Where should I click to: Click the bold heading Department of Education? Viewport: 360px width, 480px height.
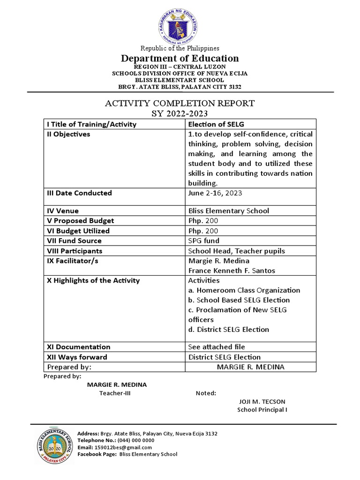click(x=180, y=59)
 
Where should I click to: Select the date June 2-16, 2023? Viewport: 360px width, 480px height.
click(x=215, y=193)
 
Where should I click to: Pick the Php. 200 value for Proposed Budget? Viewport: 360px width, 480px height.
click(x=203, y=220)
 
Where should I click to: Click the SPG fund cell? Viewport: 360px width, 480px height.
click(x=204, y=240)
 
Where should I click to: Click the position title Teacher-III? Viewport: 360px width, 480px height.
click(x=114, y=393)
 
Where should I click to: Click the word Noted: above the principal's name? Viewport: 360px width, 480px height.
click(x=206, y=393)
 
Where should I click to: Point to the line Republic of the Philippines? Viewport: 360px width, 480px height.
click(x=180, y=48)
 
